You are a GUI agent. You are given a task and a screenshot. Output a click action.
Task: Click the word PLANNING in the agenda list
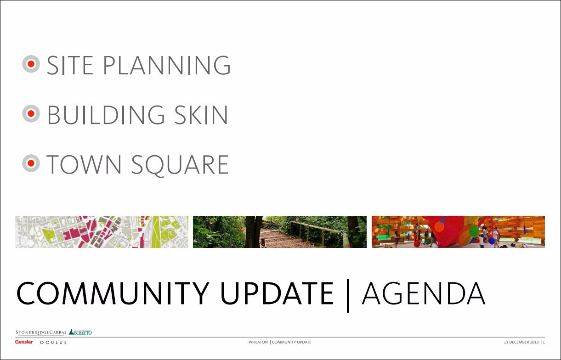[166, 66]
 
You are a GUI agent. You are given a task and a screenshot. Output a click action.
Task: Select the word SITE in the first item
[70, 66]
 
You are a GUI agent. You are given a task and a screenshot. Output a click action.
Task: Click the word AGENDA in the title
[423, 293]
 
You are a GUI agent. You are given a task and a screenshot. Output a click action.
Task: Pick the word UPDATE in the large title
[277, 293]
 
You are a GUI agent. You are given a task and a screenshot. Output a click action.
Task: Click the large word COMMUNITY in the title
[115, 293]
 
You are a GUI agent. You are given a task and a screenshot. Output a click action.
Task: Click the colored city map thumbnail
[102, 232]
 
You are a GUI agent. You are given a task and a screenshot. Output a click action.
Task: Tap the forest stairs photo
[279, 232]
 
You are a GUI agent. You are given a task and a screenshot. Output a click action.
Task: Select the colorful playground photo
[458, 232]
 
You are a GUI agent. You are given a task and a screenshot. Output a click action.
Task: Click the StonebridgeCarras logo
[41, 332]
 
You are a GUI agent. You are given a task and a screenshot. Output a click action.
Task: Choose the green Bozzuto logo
[80, 332]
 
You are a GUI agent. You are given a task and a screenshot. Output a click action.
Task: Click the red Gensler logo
[24, 342]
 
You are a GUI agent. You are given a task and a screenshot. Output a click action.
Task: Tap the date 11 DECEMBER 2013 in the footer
[521, 343]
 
